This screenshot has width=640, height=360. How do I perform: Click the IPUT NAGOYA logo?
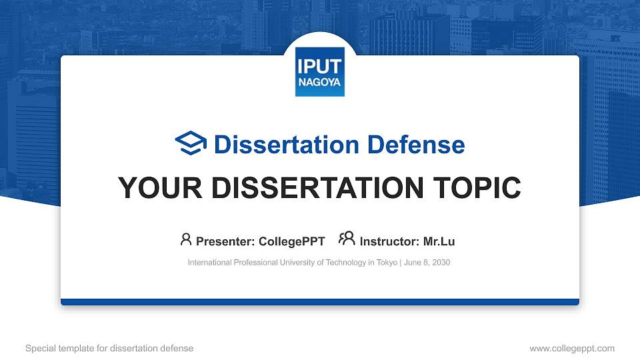[319, 71]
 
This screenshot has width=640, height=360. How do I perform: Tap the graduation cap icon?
[191, 143]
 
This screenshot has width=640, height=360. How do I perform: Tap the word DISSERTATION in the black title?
[313, 188]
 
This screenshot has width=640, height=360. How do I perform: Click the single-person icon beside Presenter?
[186, 239]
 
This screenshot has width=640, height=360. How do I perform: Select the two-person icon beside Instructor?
[347, 239]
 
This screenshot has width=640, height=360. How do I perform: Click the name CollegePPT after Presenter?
[292, 241]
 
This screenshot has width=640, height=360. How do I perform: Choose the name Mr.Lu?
[439, 241]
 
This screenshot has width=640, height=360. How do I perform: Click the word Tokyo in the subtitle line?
[386, 263]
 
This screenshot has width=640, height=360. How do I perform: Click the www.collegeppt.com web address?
[571, 348]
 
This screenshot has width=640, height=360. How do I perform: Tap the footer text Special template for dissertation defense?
[109, 348]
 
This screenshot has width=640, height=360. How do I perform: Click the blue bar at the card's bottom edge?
[319, 302]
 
